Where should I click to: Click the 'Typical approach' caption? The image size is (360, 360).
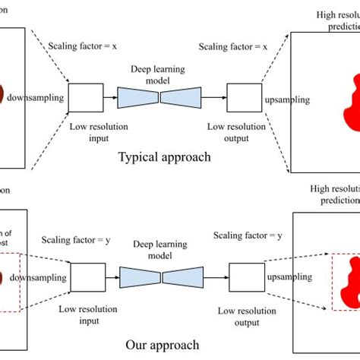(x=164, y=158)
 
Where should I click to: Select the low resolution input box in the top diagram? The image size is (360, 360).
(x=85, y=98)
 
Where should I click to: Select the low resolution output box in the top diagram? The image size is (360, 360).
(x=243, y=98)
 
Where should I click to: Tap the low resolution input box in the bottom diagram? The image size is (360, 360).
(x=87, y=276)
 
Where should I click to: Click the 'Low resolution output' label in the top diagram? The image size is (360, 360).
(x=243, y=131)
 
